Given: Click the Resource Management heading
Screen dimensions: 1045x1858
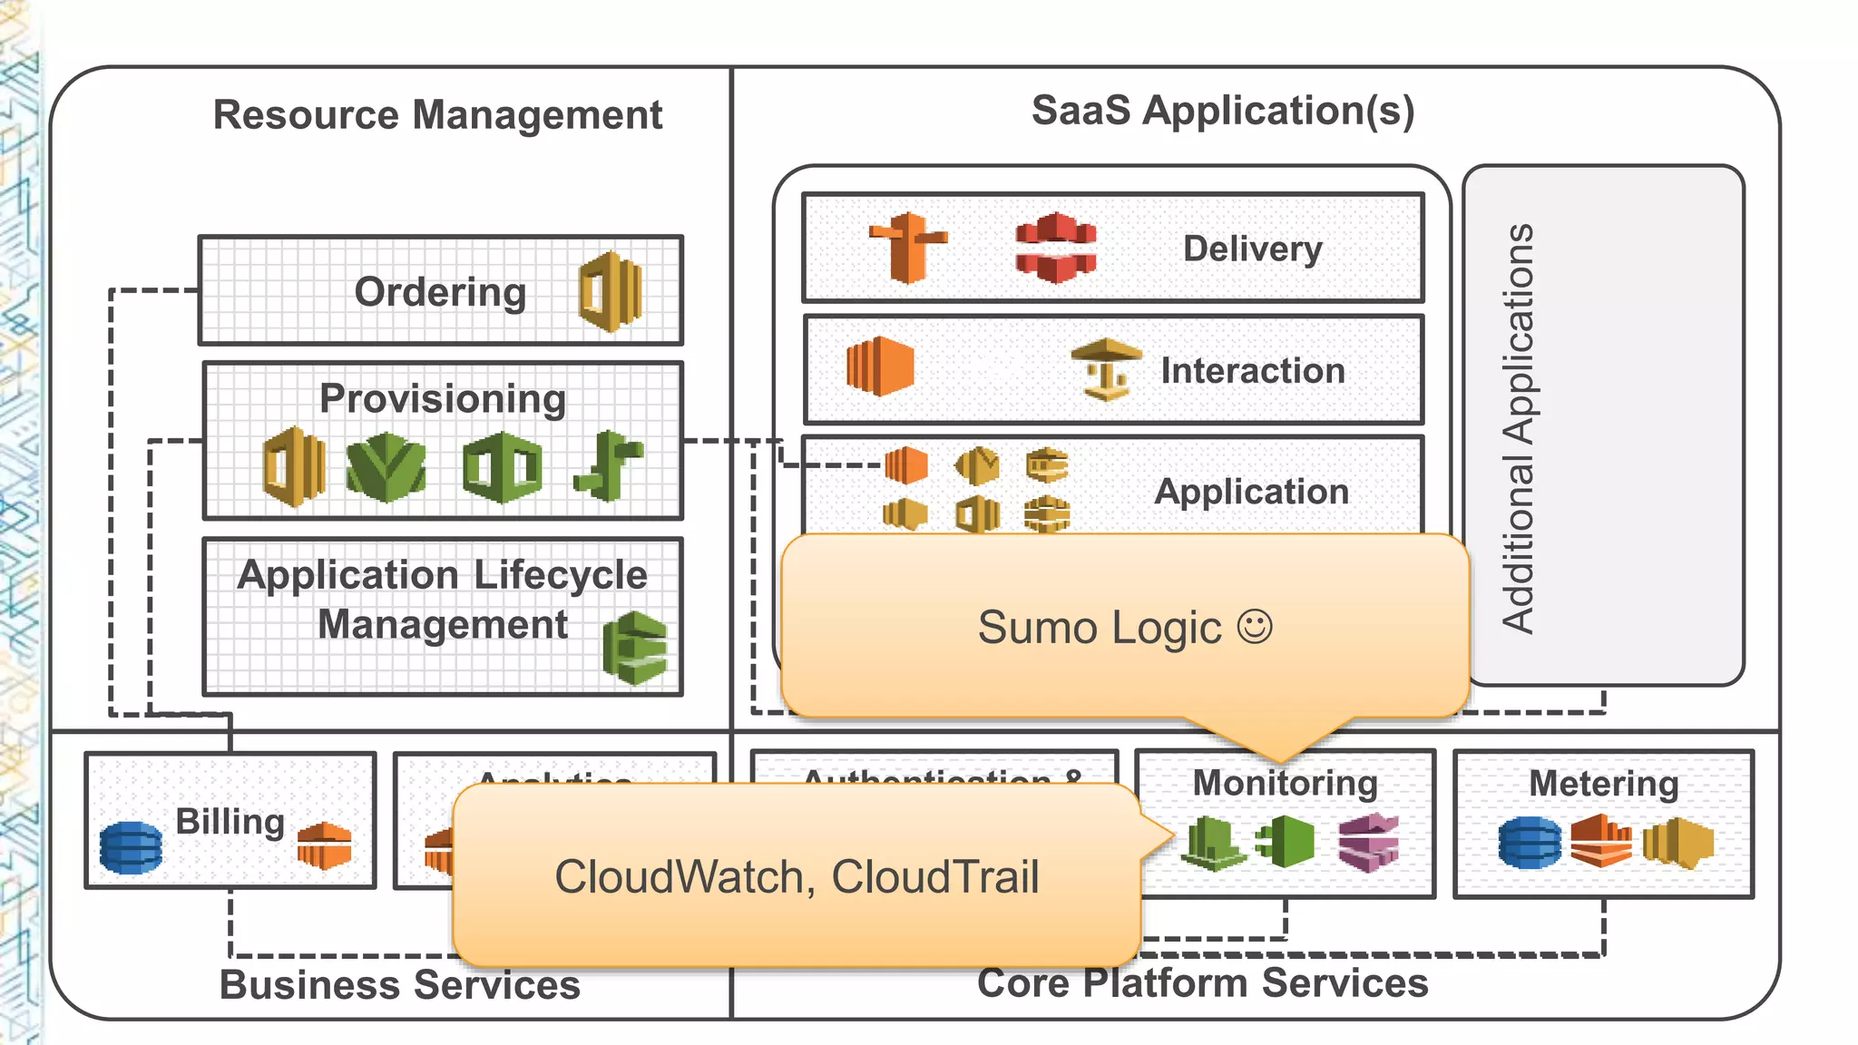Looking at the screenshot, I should point(437,115).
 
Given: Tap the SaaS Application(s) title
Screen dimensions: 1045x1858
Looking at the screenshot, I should point(1222,111).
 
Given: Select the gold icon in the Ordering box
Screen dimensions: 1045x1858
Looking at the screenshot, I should point(611,292).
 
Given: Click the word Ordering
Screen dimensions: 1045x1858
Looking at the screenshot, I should point(440,292).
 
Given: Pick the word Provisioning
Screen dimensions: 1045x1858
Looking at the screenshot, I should point(443,399).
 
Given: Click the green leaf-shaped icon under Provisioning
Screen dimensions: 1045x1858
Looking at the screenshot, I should point(386,467).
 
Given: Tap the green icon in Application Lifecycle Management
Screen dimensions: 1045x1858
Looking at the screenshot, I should point(635,648).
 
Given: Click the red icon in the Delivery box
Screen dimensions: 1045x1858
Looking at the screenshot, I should point(1055,248).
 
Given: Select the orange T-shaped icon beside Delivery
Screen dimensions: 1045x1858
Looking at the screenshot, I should point(907,247).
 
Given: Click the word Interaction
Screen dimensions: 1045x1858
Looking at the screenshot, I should point(1253,371).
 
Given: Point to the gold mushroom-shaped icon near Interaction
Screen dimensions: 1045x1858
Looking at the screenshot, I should point(1106,368).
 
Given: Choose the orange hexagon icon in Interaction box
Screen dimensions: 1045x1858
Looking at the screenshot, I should point(879,366).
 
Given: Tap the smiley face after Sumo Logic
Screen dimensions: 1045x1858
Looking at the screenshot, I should point(1255,627).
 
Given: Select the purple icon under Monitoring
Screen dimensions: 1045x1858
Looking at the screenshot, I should point(1368,842).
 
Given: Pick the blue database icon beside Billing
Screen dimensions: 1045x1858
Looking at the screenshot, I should point(131,847).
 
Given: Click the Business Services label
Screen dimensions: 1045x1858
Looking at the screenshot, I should point(400,985).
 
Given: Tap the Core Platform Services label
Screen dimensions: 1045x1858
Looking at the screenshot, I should point(1202,983).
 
